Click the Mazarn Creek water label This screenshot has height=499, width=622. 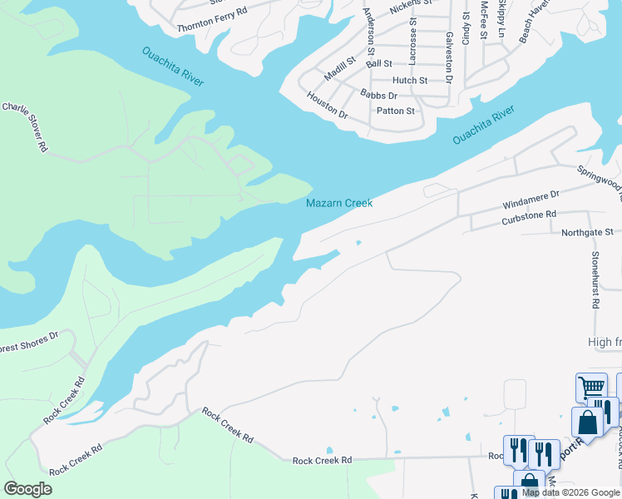click(x=339, y=203)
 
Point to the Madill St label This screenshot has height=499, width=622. click(x=339, y=67)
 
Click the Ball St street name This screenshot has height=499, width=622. click(x=378, y=63)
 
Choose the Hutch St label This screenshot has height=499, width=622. click(x=409, y=81)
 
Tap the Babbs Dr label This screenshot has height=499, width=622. click(x=378, y=96)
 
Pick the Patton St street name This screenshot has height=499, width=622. click(x=395, y=111)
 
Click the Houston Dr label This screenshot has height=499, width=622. click(x=327, y=105)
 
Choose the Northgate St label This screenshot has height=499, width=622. click(x=586, y=233)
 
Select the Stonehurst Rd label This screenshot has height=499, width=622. click(x=595, y=280)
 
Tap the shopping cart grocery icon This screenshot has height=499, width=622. click(x=591, y=388)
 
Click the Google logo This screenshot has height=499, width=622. click(x=28, y=488)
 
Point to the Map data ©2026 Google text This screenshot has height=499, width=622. click(x=570, y=492)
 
